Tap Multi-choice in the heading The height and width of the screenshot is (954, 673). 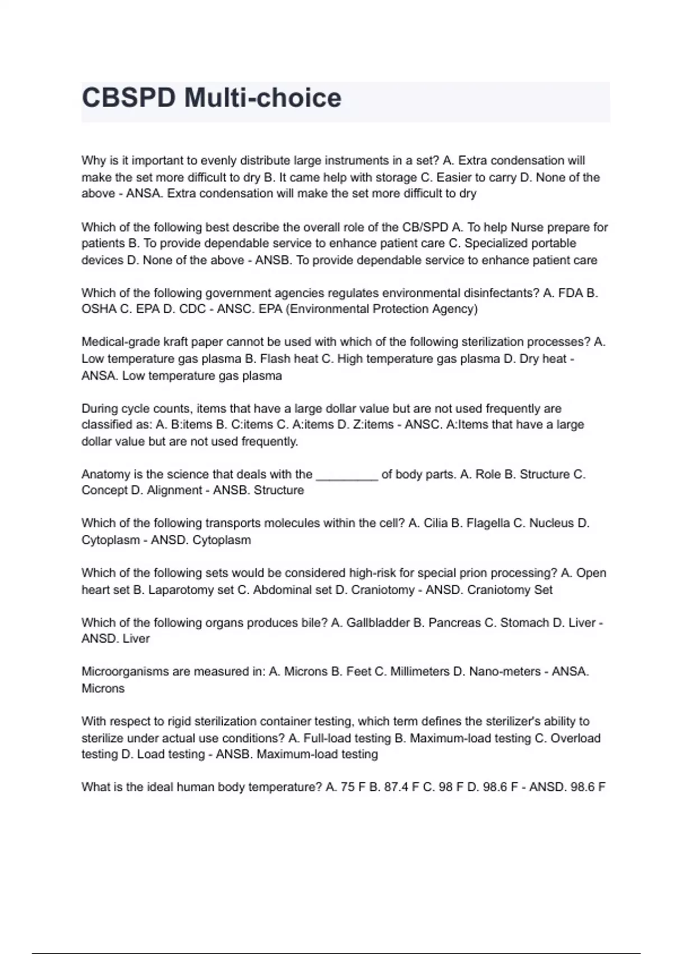click(x=262, y=98)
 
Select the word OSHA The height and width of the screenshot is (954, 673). click(x=99, y=309)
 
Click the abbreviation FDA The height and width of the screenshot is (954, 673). click(x=570, y=293)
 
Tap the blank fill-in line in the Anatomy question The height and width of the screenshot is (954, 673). click(x=347, y=476)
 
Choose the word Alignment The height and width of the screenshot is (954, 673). click(x=174, y=490)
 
